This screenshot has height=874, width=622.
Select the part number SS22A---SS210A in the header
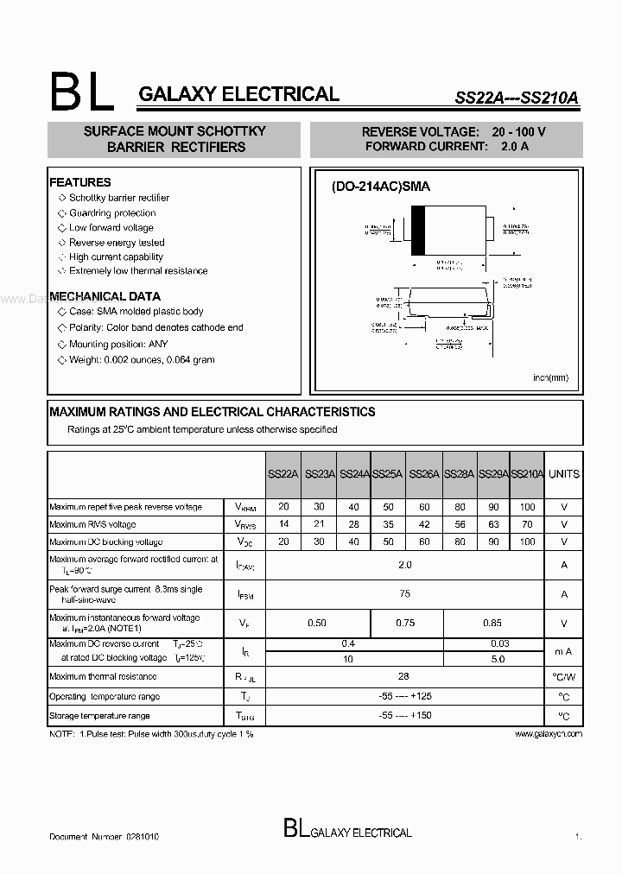517,98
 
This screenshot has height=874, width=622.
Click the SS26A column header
424,474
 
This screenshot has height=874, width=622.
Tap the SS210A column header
528,474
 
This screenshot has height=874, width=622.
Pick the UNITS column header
564,474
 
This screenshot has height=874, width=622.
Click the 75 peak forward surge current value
405,594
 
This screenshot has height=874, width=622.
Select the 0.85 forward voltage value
492,623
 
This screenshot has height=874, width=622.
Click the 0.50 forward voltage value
318,623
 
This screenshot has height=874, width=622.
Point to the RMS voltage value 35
388,524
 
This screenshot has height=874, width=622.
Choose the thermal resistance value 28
405,677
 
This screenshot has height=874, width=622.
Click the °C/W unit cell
564,677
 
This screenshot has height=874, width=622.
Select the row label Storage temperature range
99,716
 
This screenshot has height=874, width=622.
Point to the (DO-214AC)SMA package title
381,187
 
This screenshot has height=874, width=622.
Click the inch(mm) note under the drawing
550,377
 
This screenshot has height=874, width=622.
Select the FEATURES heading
80,182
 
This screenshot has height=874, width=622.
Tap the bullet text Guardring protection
112,212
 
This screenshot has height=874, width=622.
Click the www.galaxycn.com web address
548,733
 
